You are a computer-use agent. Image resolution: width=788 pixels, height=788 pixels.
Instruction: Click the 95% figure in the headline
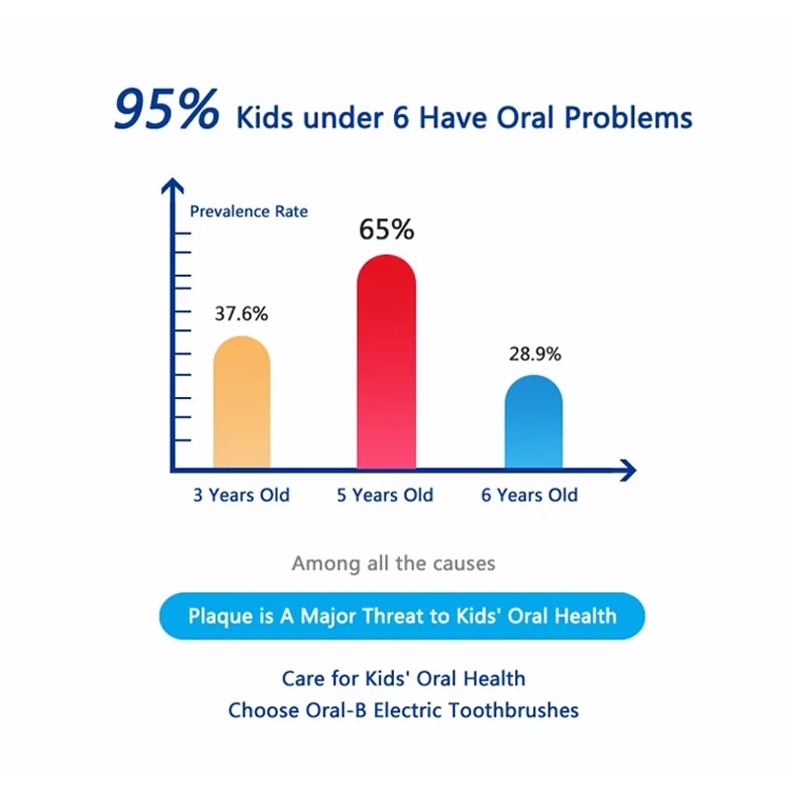click(x=166, y=110)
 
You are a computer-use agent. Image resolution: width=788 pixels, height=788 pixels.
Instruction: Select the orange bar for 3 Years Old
click(x=241, y=404)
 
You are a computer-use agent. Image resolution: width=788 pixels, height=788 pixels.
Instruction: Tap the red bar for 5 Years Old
click(x=385, y=364)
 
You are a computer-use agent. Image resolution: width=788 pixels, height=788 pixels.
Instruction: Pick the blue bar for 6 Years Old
click(x=533, y=424)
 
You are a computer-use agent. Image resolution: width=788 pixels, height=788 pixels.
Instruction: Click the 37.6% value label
click(x=241, y=314)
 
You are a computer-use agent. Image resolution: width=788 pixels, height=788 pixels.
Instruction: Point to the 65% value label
click(x=386, y=230)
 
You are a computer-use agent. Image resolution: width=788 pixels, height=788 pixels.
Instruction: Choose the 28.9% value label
click(x=535, y=354)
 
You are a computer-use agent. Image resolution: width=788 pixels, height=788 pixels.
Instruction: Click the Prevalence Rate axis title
click(x=248, y=211)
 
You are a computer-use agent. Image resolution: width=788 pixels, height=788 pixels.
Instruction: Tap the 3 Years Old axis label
click(x=241, y=494)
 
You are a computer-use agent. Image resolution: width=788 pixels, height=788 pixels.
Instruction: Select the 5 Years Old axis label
click(x=385, y=494)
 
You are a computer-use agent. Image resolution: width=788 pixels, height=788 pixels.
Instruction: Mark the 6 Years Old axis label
click(x=530, y=494)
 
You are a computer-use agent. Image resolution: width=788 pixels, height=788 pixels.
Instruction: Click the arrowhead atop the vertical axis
click(x=172, y=184)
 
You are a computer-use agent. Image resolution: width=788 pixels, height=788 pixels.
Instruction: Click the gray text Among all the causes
click(x=393, y=564)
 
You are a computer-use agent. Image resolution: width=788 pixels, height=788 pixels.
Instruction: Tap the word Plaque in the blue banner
click(x=220, y=617)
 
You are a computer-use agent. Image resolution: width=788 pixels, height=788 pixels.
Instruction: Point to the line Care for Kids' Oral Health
click(x=403, y=679)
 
